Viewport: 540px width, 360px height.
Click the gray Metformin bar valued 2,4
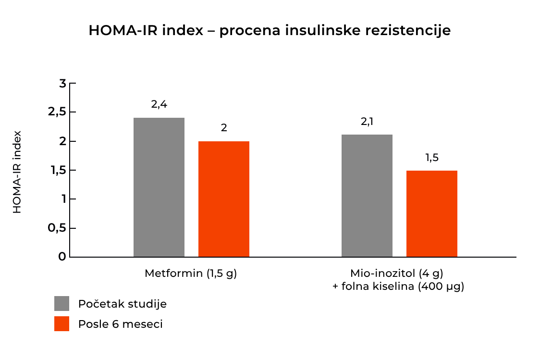pos(159,187)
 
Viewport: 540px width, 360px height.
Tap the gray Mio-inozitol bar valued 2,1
pos(367,196)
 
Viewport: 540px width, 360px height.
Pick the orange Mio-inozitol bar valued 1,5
pos(431,213)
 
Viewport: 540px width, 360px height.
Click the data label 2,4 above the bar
pos(159,104)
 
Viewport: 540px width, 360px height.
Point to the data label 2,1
pos(367,122)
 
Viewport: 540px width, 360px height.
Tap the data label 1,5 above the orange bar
pos(432,158)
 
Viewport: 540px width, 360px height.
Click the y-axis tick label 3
pos(62,84)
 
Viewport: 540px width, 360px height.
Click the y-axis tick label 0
pos(62,257)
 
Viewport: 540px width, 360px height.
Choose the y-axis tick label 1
pos(63,199)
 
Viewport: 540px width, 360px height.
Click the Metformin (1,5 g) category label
pos(191,273)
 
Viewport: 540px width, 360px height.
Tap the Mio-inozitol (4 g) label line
pos(396,273)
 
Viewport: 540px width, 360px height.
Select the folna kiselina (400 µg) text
pos(402,287)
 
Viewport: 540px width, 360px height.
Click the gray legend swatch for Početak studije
pos(62,304)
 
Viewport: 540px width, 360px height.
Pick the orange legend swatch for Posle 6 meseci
pos(62,324)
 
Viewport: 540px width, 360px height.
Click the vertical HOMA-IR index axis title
pos(17,172)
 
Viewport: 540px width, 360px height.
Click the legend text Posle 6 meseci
pos(120,324)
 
